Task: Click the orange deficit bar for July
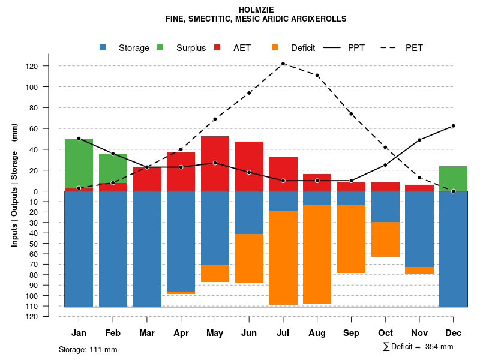click(283, 257)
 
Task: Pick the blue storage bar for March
click(147, 249)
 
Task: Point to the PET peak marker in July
click(283, 64)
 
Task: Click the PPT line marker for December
click(453, 126)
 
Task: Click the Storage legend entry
click(126, 48)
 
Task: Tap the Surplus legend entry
click(183, 48)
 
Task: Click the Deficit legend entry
click(295, 48)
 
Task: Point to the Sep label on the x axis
click(351, 333)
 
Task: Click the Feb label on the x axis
click(113, 333)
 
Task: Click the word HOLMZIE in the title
click(256, 10)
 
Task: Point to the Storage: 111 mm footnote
click(88, 349)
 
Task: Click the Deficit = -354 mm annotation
click(418, 347)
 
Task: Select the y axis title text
click(14, 185)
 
